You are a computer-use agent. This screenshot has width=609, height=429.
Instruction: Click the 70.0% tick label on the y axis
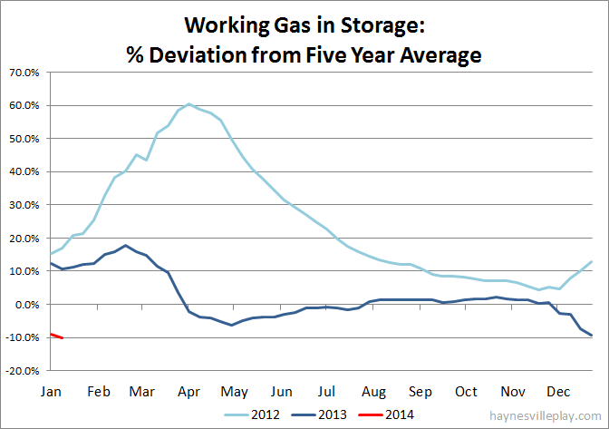click(24, 72)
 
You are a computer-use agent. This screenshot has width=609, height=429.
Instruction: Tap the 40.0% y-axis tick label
click(24, 171)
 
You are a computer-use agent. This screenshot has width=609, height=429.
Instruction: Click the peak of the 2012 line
click(188, 104)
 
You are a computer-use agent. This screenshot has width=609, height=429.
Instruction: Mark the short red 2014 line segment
click(56, 336)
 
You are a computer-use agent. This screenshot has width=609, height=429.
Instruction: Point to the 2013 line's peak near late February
click(126, 246)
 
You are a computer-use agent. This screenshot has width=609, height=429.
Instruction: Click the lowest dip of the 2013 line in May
click(231, 325)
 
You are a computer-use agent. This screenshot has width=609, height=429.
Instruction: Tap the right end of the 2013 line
click(593, 336)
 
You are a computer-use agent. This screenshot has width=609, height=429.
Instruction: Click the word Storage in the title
click(396, 23)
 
